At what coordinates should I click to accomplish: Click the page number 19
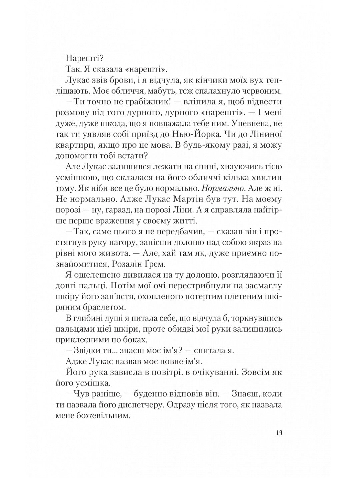[x=279, y=433]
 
